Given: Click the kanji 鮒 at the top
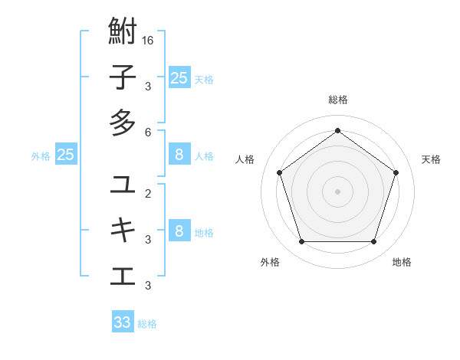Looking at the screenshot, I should [x=123, y=34].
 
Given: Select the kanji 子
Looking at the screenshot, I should [x=123, y=78].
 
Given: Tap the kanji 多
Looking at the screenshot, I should [x=123, y=123].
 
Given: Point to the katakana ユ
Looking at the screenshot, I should [x=123, y=185].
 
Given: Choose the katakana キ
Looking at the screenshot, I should [x=123, y=229].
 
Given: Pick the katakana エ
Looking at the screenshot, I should [x=123, y=274].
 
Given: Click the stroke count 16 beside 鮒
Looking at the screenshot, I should [x=147, y=40].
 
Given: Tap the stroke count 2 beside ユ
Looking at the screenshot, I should [x=147, y=193].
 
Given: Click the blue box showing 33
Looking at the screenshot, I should [x=123, y=322].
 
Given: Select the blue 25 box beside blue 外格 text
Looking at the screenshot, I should [x=66, y=155].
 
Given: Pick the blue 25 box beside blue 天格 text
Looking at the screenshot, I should [x=179, y=78].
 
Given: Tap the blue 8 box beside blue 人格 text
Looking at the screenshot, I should [x=179, y=155].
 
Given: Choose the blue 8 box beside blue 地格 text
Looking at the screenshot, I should [x=179, y=231].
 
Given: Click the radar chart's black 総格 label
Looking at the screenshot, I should [x=338, y=100].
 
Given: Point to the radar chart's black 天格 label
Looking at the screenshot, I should [x=431, y=159].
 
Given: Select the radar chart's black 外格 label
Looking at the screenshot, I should [x=270, y=262].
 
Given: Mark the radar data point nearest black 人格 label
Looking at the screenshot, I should [x=279, y=172].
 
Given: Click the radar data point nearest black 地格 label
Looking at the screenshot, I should [x=374, y=242].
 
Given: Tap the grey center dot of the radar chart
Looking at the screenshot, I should [x=338, y=191].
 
